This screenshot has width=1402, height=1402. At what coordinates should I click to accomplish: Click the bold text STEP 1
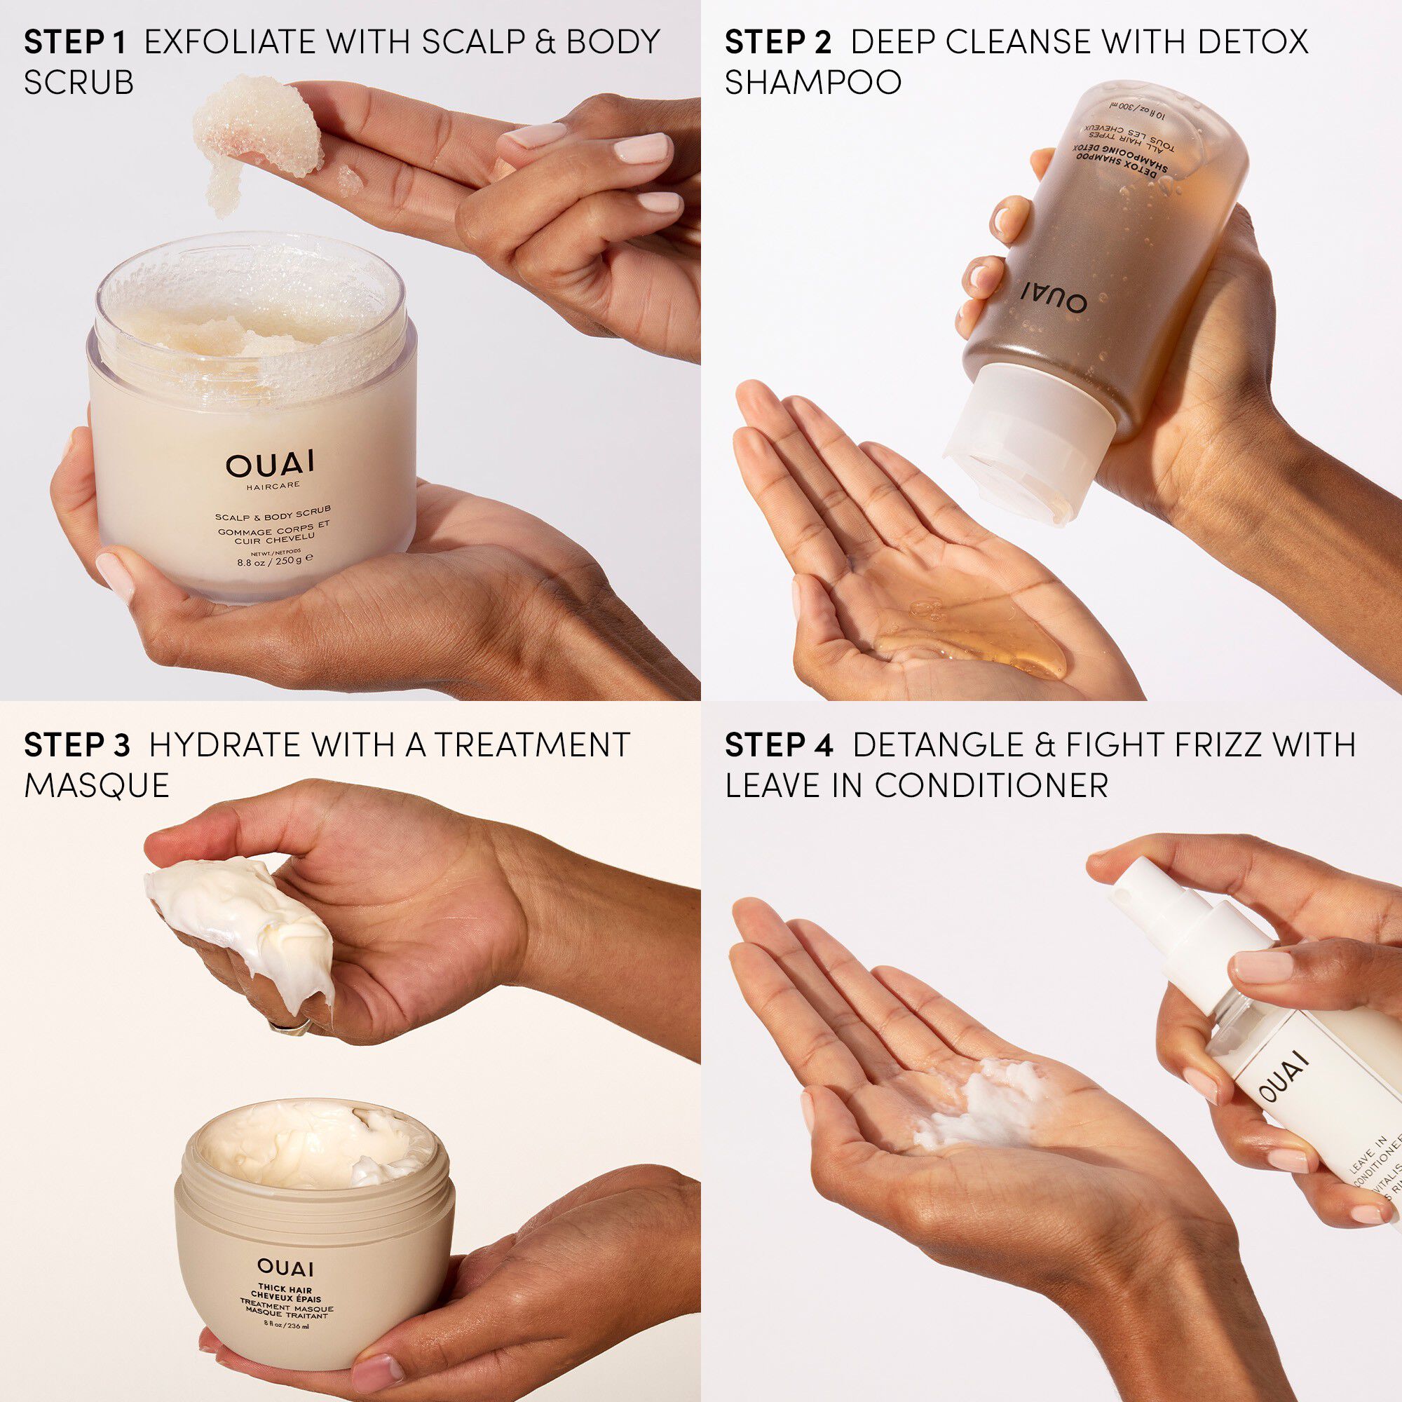click(x=76, y=43)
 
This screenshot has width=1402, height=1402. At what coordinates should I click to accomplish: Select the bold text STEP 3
click(x=77, y=745)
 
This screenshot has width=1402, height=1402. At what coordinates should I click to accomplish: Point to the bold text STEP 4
click(x=780, y=745)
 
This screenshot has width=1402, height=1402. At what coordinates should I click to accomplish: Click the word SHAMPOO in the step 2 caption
click(x=812, y=82)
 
